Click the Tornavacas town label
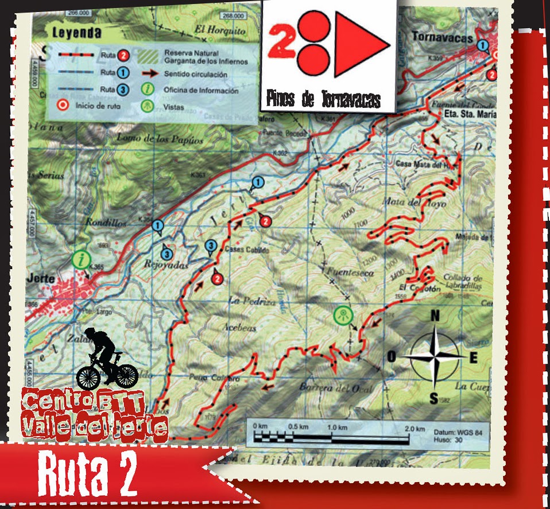pyautogui.click(x=442, y=38)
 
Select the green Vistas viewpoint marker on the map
pyautogui.click(x=343, y=315)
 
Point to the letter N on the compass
pyautogui.click(x=435, y=316)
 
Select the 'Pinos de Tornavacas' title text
pyautogui.click(x=323, y=100)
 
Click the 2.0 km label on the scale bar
pyautogui.click(x=413, y=429)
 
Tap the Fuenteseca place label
pyautogui.click(x=349, y=273)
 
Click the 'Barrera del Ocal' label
pyautogui.click(x=336, y=388)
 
